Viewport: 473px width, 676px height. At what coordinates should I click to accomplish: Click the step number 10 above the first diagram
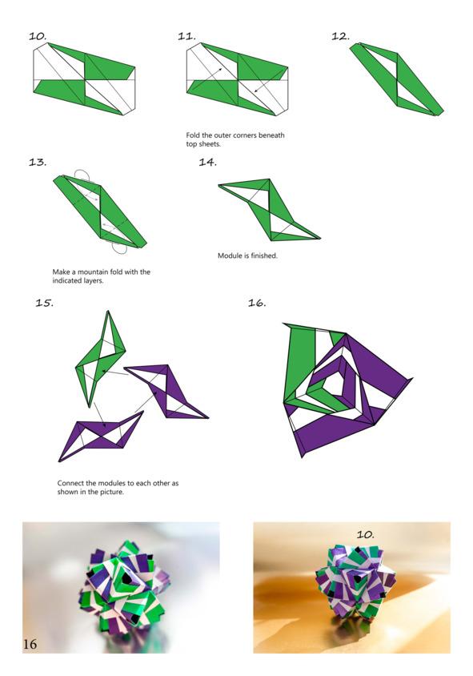coord(38,36)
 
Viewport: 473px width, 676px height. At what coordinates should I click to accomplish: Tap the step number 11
coord(187,36)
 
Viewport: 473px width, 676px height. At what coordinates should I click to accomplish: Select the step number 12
coord(340,36)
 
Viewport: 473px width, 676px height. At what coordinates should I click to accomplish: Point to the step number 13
coord(38,163)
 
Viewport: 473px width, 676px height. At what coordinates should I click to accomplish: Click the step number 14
coord(207,163)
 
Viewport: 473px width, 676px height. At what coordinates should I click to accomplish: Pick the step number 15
coord(44,303)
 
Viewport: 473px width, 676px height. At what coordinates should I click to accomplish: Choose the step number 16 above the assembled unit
coord(257,303)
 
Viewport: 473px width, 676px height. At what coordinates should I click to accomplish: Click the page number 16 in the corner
coord(30,644)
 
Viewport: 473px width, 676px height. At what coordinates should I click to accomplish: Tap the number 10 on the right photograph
coord(365,534)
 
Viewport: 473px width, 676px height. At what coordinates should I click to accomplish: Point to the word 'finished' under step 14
coord(264,256)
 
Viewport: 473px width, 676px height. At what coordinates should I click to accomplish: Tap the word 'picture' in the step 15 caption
coord(111,492)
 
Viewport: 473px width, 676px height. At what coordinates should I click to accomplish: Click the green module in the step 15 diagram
coord(100,360)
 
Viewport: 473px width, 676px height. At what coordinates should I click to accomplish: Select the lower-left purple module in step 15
coord(101,436)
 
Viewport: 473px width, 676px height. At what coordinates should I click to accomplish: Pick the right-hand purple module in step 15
coord(166,392)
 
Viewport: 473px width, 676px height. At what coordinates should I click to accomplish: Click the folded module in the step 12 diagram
coord(396,79)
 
